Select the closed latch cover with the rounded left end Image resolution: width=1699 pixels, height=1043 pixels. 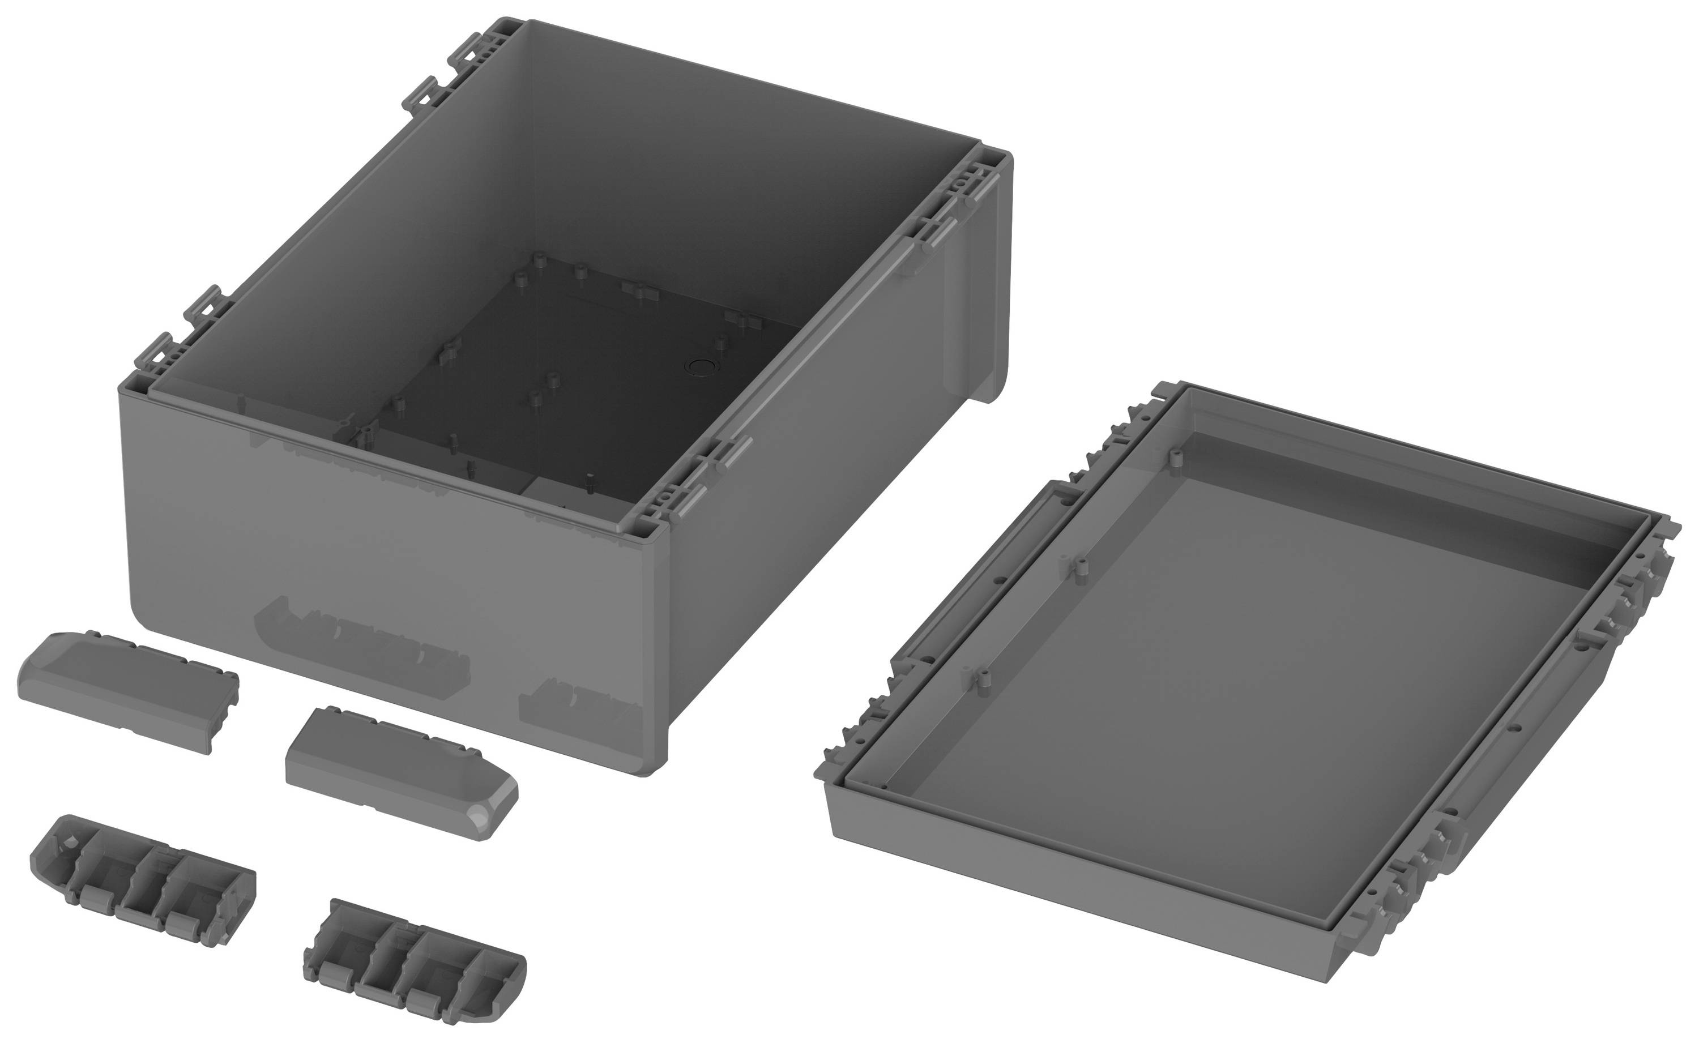pos(127,690)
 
